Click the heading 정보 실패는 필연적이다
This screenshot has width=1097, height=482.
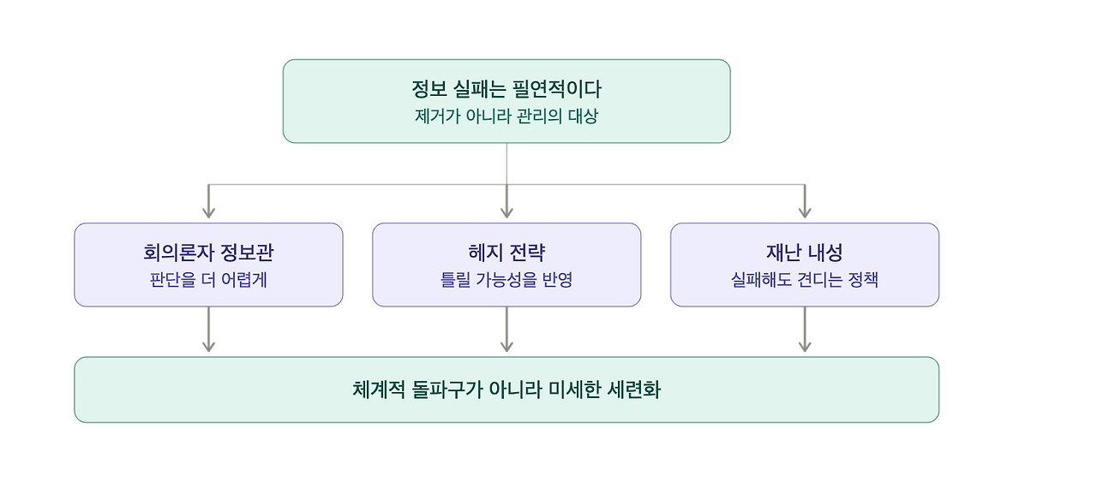tap(507, 88)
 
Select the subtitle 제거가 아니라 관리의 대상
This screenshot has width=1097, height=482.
tap(507, 116)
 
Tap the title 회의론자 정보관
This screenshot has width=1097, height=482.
tap(208, 253)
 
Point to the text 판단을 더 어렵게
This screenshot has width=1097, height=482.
tap(208, 279)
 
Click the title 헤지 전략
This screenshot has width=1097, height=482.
tap(507, 253)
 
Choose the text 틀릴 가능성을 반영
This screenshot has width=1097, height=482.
tap(507, 279)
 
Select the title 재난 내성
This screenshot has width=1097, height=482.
tap(805, 253)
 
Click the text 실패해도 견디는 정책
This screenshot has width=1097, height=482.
tap(805, 279)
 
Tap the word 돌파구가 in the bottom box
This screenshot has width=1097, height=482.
tap(447, 390)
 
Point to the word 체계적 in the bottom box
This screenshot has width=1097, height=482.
tap(379, 390)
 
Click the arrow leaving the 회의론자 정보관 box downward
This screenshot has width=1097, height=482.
tap(208, 330)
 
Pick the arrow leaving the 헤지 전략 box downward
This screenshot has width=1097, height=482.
tap(507, 330)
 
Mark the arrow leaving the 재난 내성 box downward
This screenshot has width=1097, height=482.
tap(805, 330)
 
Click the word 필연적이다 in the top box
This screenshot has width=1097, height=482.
tap(557, 88)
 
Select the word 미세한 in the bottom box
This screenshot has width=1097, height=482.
tap(574, 390)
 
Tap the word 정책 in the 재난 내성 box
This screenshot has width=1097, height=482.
tap(863, 279)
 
